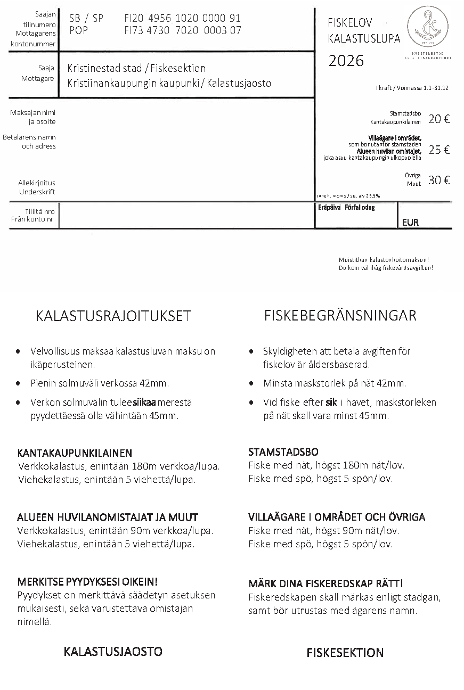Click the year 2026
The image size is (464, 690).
(x=346, y=61)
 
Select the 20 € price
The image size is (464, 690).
(x=439, y=119)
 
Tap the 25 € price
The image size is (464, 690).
(x=439, y=150)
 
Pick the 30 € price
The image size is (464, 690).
(x=439, y=180)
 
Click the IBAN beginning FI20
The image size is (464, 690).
(x=182, y=19)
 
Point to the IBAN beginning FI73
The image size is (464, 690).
(x=182, y=30)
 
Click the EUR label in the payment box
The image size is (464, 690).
(x=410, y=223)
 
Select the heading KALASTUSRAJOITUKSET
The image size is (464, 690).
(x=113, y=316)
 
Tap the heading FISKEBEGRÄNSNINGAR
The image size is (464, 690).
(x=340, y=316)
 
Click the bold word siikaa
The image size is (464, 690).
(x=144, y=402)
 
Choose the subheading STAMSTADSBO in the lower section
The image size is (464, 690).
(x=283, y=452)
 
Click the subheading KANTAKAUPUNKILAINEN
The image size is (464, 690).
(x=75, y=453)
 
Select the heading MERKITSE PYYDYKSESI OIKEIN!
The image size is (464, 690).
(x=87, y=581)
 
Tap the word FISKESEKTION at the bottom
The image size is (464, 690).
(x=345, y=653)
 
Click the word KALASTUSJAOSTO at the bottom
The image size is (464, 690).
(x=113, y=652)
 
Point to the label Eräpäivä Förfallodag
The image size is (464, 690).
(x=346, y=208)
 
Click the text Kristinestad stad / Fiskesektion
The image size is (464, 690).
(x=136, y=69)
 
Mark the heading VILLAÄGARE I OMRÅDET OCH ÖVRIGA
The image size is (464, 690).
(x=337, y=517)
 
